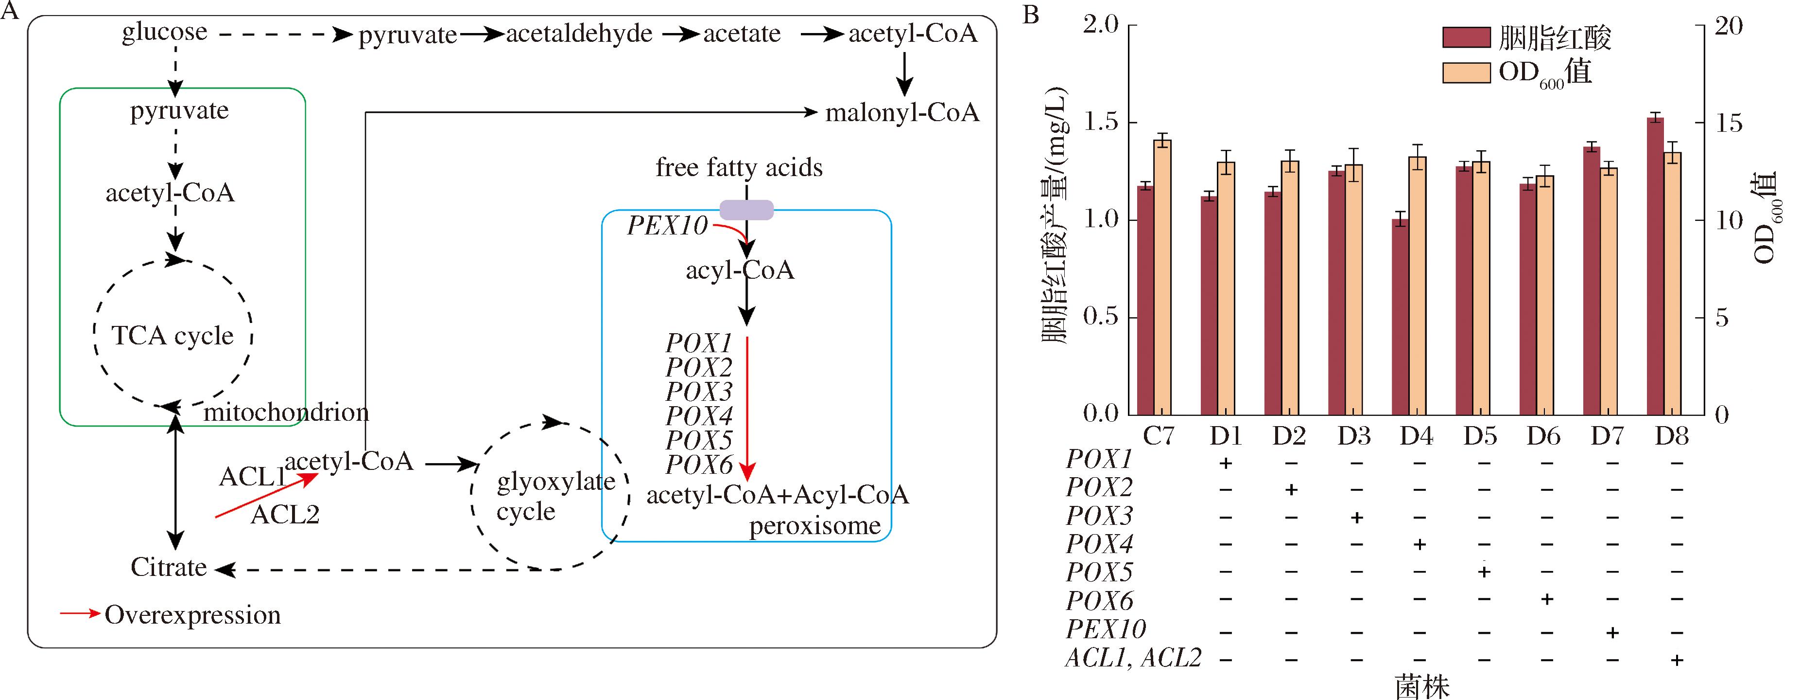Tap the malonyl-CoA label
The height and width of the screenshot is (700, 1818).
(902, 112)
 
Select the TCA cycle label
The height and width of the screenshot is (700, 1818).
(173, 336)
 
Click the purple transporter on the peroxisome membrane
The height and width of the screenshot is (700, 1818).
(746, 210)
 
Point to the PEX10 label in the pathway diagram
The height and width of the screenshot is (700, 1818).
(667, 226)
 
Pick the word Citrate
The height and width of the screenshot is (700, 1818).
(169, 567)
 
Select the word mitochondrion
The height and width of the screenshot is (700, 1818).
(286, 413)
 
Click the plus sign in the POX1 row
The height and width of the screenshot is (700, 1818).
(1226, 464)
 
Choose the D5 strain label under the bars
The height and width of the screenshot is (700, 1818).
(1480, 436)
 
